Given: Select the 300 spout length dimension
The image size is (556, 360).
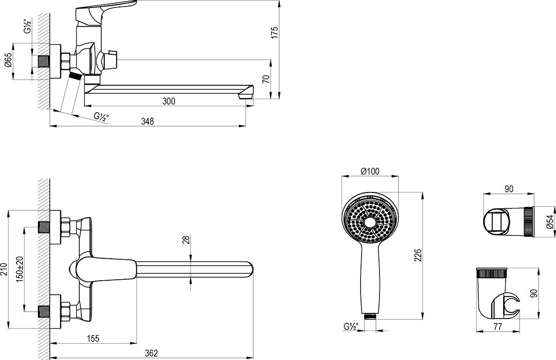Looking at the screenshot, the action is (169, 101).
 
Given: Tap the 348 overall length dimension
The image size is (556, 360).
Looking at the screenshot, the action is (148, 121).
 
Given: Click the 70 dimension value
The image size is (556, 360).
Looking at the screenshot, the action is (266, 79).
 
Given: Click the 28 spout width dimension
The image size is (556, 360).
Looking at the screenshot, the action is (186, 239).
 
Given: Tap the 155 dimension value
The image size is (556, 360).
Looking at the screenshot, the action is (93, 339).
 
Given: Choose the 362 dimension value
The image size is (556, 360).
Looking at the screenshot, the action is (151, 353).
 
